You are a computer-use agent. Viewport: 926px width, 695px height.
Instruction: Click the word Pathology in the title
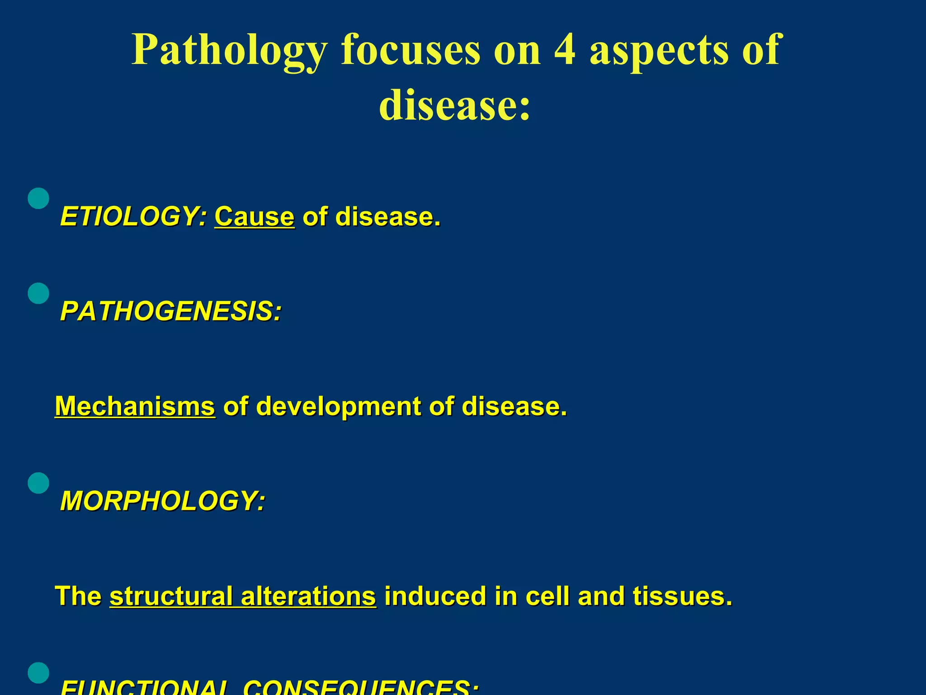[x=229, y=51]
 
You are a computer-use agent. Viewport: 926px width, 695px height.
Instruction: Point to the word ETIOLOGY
[x=134, y=217]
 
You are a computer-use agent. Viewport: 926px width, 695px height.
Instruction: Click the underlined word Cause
[x=255, y=217]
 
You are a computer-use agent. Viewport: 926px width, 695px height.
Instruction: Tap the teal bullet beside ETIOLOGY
[x=38, y=198]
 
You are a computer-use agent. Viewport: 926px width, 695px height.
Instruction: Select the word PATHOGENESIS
[x=171, y=312]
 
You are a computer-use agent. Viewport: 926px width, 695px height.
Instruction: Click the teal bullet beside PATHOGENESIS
[x=38, y=293]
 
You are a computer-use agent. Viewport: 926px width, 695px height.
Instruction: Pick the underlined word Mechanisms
[x=135, y=406]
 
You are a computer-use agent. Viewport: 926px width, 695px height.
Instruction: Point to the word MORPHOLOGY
[x=163, y=501]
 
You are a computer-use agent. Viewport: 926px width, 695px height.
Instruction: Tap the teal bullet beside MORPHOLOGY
[x=38, y=483]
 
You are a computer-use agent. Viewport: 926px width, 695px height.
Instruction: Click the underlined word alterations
[x=308, y=596]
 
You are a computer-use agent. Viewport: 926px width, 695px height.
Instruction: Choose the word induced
[x=435, y=596]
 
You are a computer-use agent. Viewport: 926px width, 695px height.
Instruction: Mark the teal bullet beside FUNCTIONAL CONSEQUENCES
[x=38, y=673]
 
